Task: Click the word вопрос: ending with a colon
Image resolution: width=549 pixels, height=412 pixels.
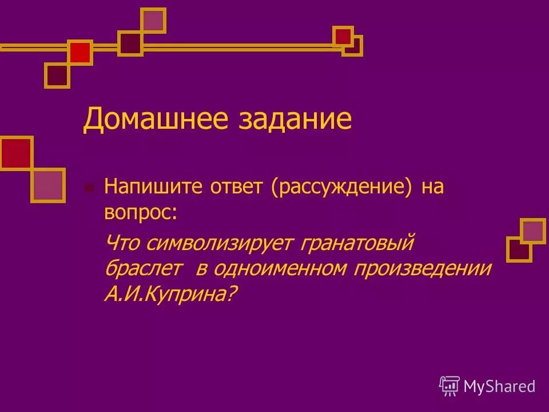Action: click(x=141, y=212)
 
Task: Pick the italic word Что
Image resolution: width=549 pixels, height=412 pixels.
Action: click(x=123, y=243)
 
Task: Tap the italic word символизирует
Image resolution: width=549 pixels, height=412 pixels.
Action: click(x=219, y=243)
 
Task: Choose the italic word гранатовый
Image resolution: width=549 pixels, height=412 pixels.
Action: click(x=356, y=243)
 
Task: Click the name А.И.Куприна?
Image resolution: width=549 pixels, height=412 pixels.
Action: click(x=170, y=294)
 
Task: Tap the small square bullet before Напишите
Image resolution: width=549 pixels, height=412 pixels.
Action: click(x=88, y=187)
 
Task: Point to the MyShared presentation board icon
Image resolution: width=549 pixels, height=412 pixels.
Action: click(x=449, y=386)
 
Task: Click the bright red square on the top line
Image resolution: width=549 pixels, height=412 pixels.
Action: click(x=80, y=53)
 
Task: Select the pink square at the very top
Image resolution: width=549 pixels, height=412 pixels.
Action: click(x=153, y=21)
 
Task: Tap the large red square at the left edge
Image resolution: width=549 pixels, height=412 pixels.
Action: click(x=16, y=153)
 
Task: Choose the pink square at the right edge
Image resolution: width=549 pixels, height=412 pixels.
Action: click(x=533, y=231)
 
